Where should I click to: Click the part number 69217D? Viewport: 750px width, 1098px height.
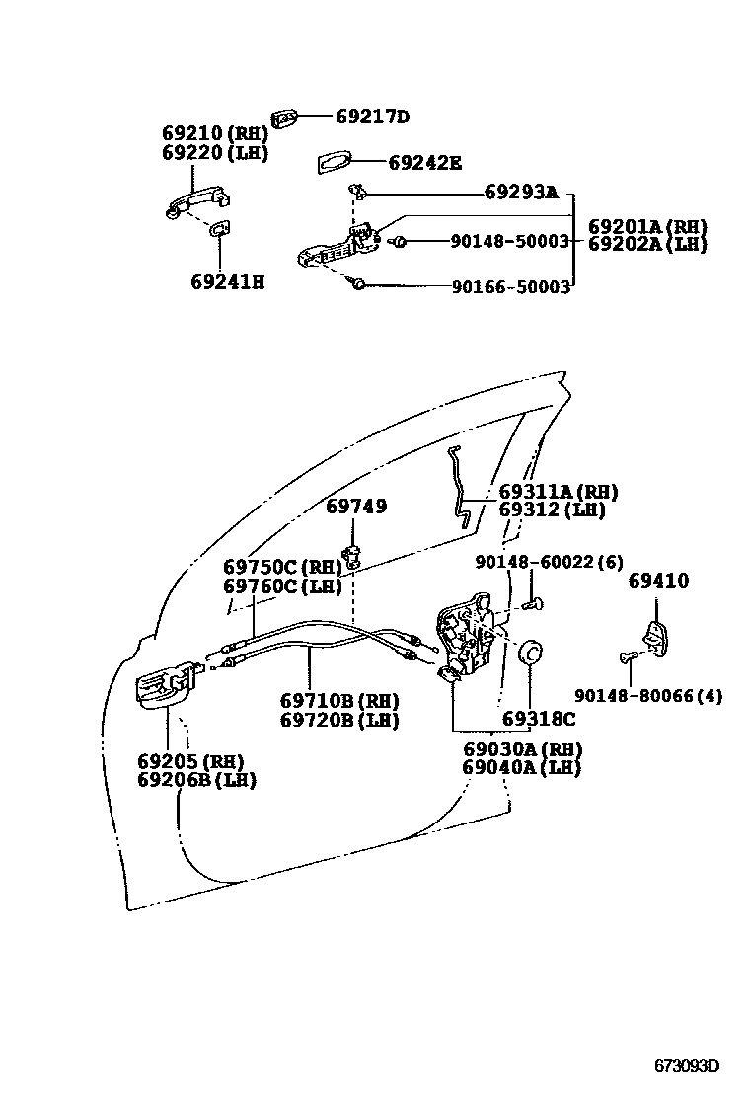tap(371, 117)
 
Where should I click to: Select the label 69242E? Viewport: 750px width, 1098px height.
tap(424, 163)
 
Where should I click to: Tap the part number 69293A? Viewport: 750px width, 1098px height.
tap(520, 192)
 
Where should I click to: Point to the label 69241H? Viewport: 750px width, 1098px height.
tap(228, 282)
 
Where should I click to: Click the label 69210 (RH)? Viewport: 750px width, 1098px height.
tap(214, 133)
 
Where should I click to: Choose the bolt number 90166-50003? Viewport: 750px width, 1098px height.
tap(510, 287)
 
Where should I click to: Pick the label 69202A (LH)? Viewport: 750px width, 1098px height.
tap(647, 245)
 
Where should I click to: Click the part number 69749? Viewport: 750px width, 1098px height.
tap(356, 507)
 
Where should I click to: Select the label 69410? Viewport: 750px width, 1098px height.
tap(658, 581)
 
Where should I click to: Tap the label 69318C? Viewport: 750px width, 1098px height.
tap(537, 719)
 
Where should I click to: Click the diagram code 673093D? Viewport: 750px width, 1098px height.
tap(687, 1066)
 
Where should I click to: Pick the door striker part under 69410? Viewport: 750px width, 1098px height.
tap(655, 637)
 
